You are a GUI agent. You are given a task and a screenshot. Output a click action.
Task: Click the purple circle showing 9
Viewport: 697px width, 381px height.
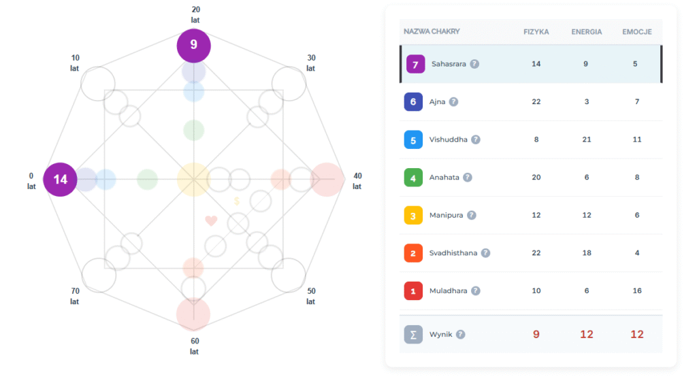point(194,46)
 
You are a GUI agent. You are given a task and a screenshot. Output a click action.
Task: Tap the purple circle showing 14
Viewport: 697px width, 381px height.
point(61,180)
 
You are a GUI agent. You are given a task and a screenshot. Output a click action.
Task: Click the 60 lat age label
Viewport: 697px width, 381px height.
point(195,346)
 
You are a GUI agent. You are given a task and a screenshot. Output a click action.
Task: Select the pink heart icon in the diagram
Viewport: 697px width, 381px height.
point(211,220)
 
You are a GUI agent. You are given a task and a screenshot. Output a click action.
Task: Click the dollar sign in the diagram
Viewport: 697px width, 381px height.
point(236,201)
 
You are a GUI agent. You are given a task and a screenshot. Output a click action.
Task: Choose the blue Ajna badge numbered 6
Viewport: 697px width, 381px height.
point(413,102)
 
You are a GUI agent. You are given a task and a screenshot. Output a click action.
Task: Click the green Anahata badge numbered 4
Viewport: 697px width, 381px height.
point(413,178)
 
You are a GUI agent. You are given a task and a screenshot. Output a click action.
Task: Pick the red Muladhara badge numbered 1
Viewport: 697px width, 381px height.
point(413,292)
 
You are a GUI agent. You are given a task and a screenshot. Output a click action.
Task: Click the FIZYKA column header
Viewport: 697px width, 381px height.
point(536,32)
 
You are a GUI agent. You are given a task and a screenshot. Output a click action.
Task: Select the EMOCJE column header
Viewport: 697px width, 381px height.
point(638,32)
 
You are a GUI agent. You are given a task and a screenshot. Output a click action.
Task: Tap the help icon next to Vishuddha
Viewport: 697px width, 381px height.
point(476,140)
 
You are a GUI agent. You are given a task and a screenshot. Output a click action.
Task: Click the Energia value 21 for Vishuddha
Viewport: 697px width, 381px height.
point(586,139)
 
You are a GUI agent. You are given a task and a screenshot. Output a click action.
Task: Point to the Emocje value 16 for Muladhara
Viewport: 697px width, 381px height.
point(638,291)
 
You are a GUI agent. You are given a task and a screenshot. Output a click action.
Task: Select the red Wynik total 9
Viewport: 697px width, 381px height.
point(536,334)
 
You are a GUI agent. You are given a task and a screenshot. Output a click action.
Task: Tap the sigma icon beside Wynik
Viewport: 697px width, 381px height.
point(413,335)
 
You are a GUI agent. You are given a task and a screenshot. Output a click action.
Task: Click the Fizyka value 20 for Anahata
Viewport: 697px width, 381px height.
point(536,178)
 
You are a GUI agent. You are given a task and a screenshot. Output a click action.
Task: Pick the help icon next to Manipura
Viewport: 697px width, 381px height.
point(472,216)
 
